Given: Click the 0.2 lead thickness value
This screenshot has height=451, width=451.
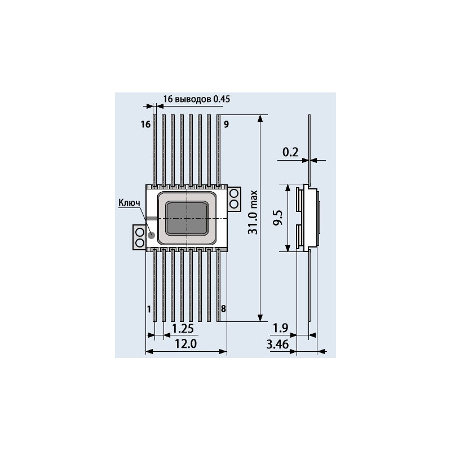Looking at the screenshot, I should click(290, 152).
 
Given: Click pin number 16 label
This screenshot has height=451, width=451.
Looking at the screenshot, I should click(145, 124).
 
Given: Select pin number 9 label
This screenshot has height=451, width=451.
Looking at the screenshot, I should click(225, 124).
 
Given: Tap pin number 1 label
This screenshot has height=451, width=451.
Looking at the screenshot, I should click(148, 309).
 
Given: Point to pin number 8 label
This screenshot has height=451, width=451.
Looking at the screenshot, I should click(223, 309).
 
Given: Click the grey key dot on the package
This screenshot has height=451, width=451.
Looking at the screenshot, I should click(151, 233).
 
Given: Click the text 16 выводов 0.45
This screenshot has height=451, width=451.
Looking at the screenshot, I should click(197, 99).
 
